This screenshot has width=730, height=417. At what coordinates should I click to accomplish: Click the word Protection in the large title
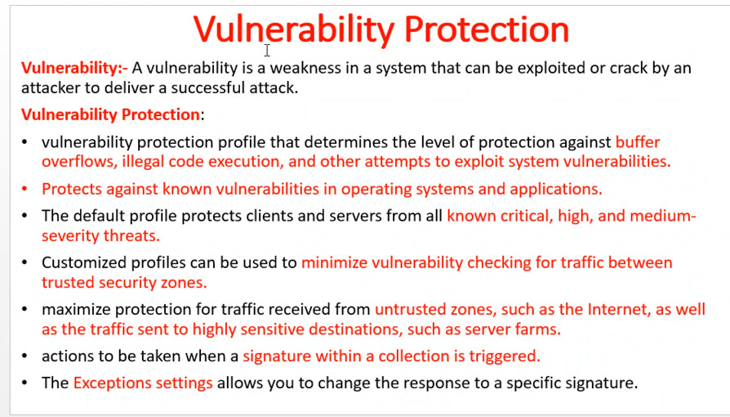coord(487,29)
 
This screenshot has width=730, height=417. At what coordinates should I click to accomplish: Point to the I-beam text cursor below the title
coord(267,50)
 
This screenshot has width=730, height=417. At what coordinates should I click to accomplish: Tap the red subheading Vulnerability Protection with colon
coord(113,114)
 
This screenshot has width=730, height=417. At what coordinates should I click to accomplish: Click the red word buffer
coord(638,141)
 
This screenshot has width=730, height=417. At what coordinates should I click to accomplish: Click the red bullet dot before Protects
coord(24,189)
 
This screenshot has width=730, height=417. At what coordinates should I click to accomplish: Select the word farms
coord(541,330)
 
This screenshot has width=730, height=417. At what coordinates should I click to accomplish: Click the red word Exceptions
coord(112,383)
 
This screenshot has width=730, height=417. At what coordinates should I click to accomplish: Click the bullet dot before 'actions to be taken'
coord(24,356)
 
